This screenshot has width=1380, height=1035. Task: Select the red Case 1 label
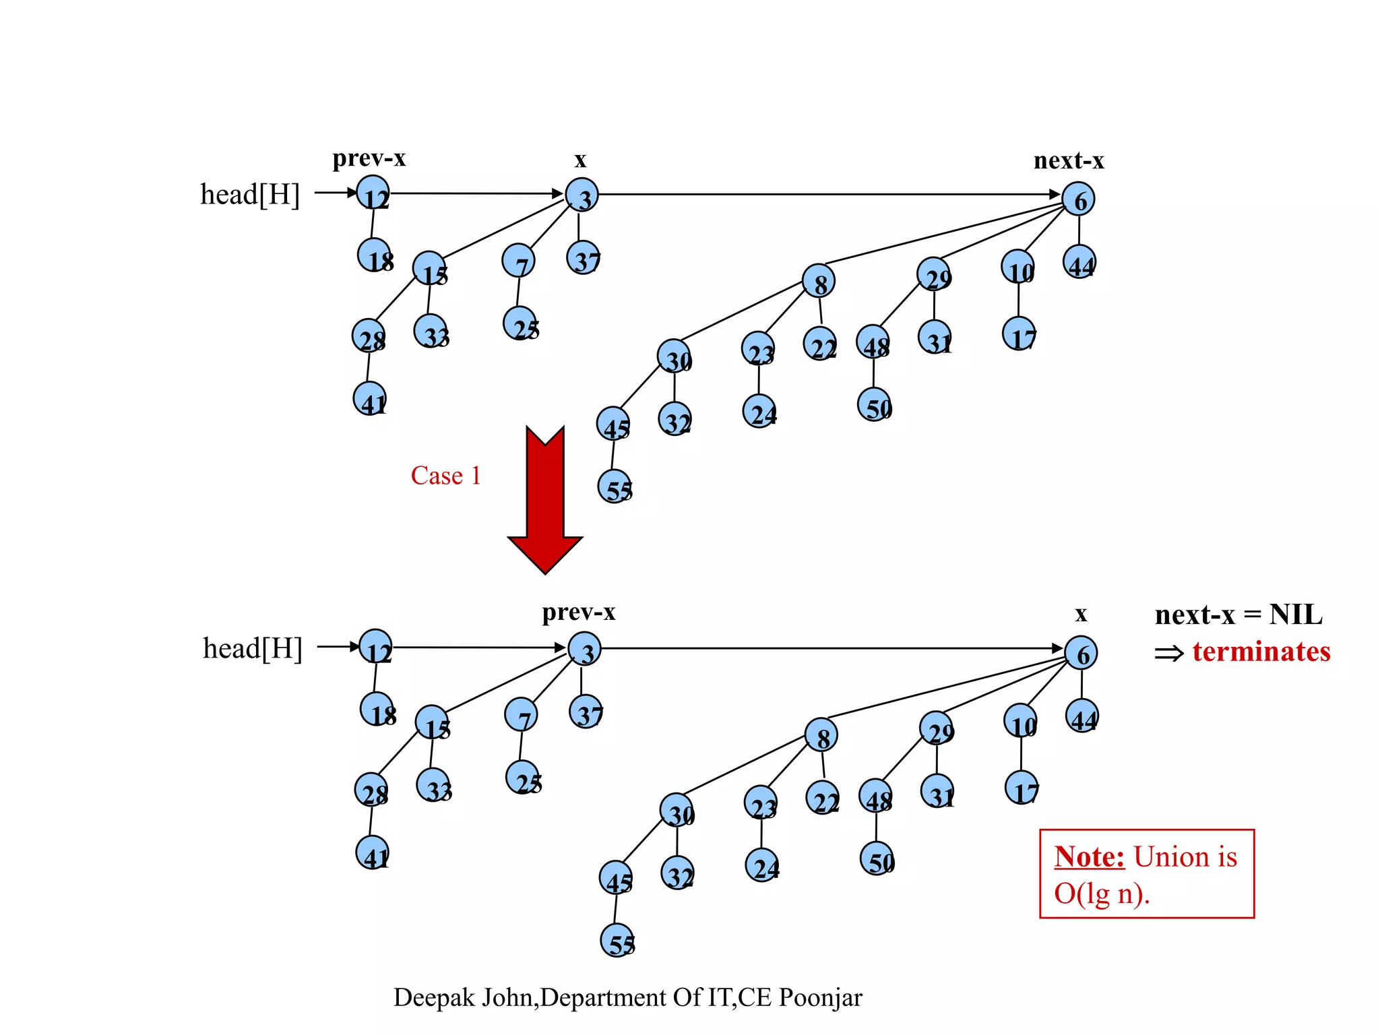coord(445,476)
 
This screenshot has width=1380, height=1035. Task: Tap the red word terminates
coord(1261,652)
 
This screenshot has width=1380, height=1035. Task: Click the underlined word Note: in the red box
coord(1089,857)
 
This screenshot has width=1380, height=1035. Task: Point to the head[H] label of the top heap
coord(249,195)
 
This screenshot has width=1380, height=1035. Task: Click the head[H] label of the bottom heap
coord(252,649)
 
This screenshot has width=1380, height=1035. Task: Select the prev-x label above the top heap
coord(369,158)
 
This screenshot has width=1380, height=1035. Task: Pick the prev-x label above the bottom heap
coord(579,613)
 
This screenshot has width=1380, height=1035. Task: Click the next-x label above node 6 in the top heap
coord(1069,161)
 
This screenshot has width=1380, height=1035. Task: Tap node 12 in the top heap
coord(373,193)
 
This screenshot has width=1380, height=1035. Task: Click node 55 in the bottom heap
coord(617,940)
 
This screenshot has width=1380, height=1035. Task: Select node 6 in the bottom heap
coord(1081,652)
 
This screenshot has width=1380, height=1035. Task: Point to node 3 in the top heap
coord(582,195)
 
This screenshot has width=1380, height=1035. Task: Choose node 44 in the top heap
coord(1079,262)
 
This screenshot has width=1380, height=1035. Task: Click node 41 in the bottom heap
coord(373,852)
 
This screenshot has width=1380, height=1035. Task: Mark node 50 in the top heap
coord(875,404)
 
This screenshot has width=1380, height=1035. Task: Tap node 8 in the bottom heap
coord(821,734)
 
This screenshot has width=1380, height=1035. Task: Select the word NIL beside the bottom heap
coord(1296,615)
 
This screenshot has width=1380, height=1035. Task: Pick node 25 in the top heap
coord(520,323)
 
